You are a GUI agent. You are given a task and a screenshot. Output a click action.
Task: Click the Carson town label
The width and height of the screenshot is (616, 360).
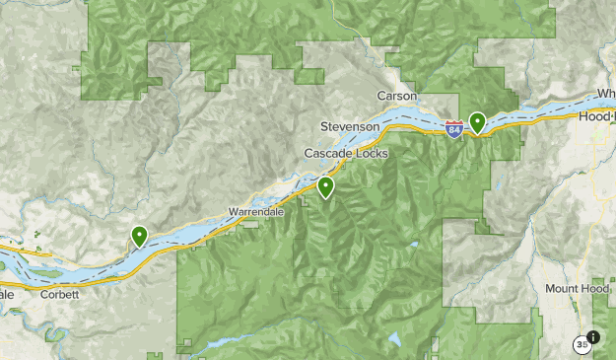[x=397, y=96]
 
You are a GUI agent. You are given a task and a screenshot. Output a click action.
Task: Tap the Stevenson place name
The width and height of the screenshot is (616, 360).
[x=350, y=127]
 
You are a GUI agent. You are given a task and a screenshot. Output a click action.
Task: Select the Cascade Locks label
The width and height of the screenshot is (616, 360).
[x=346, y=154]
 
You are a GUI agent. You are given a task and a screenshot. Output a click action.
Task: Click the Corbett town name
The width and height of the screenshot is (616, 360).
[x=60, y=294]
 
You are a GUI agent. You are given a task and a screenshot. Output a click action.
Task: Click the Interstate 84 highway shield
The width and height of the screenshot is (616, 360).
[x=453, y=129]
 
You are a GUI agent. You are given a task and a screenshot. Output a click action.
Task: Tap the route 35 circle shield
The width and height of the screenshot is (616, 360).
[x=582, y=344]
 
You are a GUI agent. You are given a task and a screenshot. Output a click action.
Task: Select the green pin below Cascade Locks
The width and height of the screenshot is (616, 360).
[x=325, y=186]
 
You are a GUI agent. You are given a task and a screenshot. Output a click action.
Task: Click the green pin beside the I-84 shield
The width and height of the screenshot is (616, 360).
[x=477, y=122]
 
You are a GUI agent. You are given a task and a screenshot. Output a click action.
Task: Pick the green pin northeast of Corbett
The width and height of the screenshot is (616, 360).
[x=140, y=236]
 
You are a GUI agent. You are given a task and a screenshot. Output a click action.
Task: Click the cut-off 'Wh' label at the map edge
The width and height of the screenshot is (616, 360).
[x=605, y=95]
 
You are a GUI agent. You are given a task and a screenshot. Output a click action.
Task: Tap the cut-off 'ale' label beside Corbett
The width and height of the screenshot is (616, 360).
[x=7, y=294]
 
